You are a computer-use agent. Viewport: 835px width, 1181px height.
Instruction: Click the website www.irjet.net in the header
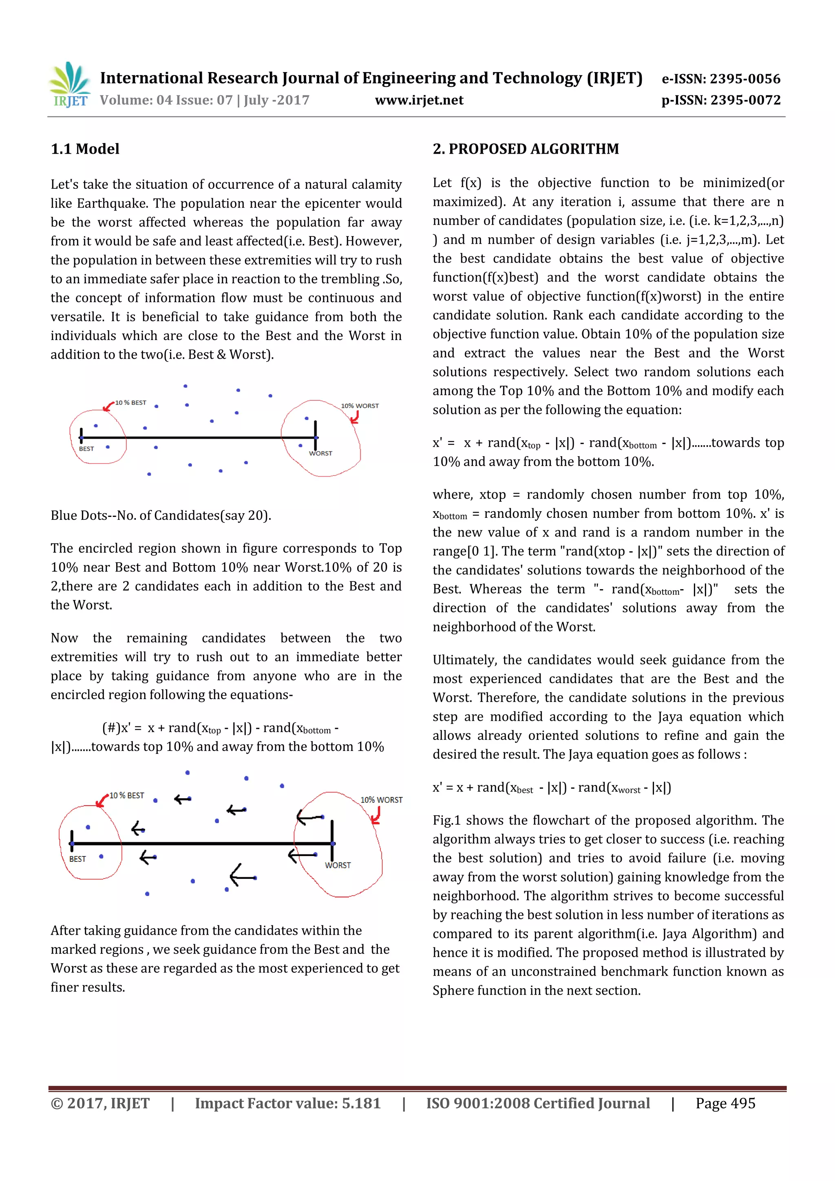point(419,100)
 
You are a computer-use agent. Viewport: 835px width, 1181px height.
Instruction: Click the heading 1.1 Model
point(85,149)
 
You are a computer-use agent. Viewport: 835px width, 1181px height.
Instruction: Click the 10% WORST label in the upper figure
point(360,406)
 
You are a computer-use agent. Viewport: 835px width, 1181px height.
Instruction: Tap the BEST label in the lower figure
point(78,859)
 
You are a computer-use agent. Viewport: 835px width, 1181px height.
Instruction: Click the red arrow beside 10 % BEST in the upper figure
point(108,407)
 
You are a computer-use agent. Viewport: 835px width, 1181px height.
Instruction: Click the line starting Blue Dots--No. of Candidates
point(161,515)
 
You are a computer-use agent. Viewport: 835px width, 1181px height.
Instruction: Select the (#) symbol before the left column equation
point(110,728)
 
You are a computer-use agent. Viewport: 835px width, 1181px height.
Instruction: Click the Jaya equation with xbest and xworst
point(552,788)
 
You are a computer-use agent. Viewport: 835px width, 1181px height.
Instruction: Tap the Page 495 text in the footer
point(725,1103)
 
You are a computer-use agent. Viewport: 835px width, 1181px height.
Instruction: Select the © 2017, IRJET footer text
point(100,1103)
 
